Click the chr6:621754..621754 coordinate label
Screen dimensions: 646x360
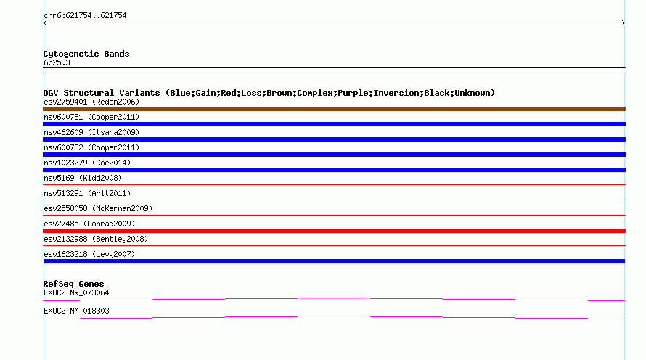pyautogui.click(x=85, y=16)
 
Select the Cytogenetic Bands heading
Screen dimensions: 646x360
pyautogui.click(x=86, y=54)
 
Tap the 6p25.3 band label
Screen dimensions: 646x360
pyautogui.click(x=57, y=62)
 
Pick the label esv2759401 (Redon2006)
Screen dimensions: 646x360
pyautogui.click(x=91, y=102)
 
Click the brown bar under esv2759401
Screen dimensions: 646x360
pyautogui.click(x=334, y=109)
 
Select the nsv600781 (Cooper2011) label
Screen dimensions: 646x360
pyautogui.click(x=91, y=117)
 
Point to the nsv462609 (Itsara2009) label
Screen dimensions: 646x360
pyautogui.click(x=91, y=132)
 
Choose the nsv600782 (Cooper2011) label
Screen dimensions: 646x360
pyautogui.click(x=91, y=147)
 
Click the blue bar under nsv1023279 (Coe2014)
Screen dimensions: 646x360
pyautogui.click(x=334, y=170)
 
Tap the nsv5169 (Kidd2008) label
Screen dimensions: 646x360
pyautogui.click(x=83, y=178)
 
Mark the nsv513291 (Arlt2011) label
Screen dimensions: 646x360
pyautogui.click(x=87, y=193)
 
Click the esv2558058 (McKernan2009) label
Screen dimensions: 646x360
pyautogui.click(x=98, y=208)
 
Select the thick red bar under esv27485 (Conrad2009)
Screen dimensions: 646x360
pyautogui.click(x=334, y=231)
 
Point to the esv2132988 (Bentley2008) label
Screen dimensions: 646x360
pyautogui.click(x=96, y=239)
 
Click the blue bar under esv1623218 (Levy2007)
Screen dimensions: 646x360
pyautogui.click(x=334, y=261)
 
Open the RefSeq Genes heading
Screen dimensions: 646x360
pyautogui.click(x=74, y=284)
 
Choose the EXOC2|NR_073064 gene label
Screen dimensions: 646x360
pyautogui.click(x=76, y=292)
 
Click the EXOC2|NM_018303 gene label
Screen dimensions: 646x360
pyautogui.click(x=76, y=311)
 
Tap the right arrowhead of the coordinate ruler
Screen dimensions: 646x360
pyautogui.click(x=623, y=23)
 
